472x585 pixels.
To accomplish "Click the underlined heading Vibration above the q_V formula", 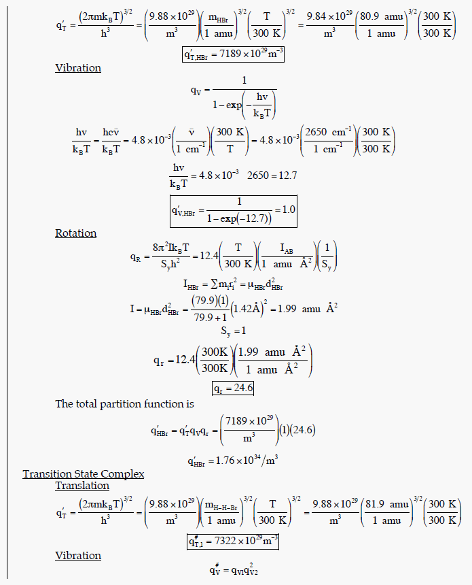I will coord(78,68).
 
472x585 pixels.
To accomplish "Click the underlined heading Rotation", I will coord(76,233).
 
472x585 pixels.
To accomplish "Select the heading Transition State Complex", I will coord(83,474).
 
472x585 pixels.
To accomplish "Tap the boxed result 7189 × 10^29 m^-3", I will coord(232,54).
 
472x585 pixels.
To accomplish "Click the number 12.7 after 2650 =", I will coord(285,175).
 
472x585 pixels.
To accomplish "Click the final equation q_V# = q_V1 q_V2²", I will coord(233,570).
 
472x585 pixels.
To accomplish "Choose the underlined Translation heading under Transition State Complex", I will coord(82,486).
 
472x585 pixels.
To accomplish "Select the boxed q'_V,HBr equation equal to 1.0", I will coord(233,211).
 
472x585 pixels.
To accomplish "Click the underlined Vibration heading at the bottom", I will coord(78,556).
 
